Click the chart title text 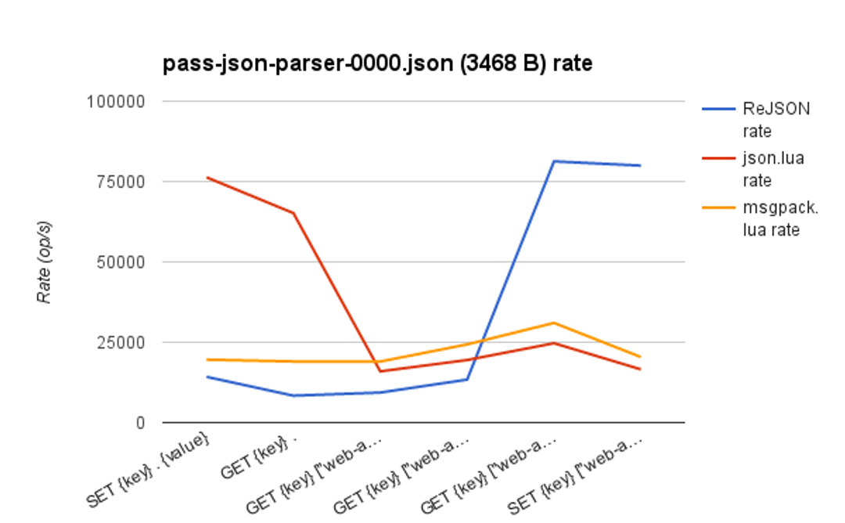377,63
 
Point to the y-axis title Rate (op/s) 45,261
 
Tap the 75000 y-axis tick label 118,182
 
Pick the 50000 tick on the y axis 118,262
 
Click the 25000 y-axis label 118,342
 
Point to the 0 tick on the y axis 140,423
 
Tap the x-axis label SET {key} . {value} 149,470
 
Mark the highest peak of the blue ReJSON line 554,161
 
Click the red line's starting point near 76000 207,178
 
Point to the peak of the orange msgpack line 554,323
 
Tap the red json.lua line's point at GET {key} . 293,213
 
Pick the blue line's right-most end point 641,165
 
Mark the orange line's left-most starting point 207,359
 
